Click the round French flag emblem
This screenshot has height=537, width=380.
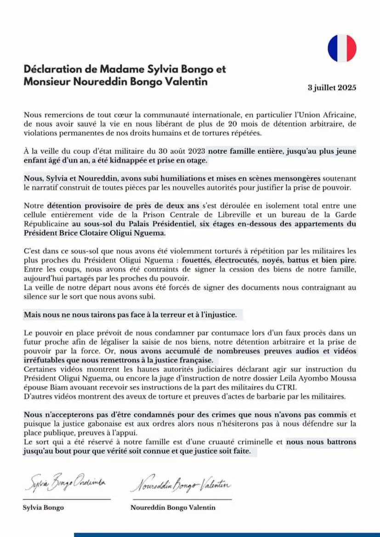[342, 48]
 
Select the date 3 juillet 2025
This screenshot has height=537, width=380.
[332, 88]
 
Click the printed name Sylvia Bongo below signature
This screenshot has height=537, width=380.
[43, 508]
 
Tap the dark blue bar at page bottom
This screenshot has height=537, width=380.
[227, 535]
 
